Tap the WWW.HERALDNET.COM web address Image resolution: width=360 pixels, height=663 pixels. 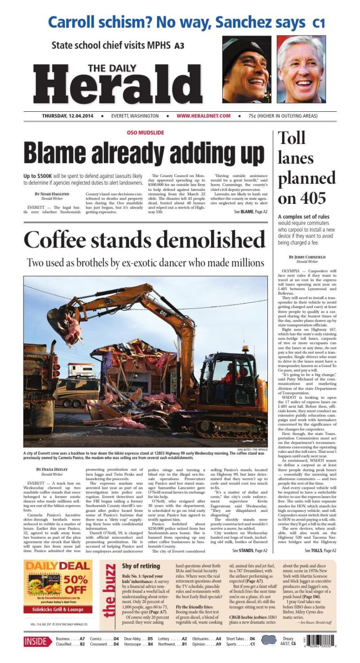click(204, 116)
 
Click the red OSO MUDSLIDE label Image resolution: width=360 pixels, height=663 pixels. click(145, 132)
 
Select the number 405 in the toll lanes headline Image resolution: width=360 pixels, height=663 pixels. click(309, 197)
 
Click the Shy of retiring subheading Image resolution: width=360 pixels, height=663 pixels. click(141, 566)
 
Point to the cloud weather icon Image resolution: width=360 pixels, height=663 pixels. click(269, 641)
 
